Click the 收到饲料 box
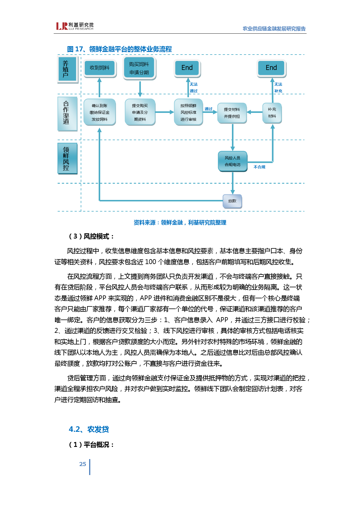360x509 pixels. click(100, 68)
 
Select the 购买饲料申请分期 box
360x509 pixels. click(139, 68)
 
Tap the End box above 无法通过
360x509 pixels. click(187, 68)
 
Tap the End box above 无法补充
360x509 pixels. click(271, 68)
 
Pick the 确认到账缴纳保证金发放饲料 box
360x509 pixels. click(100, 112)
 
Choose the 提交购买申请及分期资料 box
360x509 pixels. click(140, 112)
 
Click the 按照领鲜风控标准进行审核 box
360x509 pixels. click(188, 112)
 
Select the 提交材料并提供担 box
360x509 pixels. click(232, 113)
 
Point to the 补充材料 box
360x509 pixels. click(272, 113)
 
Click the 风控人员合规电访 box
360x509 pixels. click(233, 161)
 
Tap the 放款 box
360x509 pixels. click(232, 201)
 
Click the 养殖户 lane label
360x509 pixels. click(66, 69)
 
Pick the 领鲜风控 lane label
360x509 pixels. click(67, 158)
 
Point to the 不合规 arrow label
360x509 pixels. click(259, 167)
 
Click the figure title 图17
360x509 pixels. click(119, 49)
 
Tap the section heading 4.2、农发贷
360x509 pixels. click(89, 429)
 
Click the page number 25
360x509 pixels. click(83, 464)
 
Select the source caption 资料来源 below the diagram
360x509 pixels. click(180, 223)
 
